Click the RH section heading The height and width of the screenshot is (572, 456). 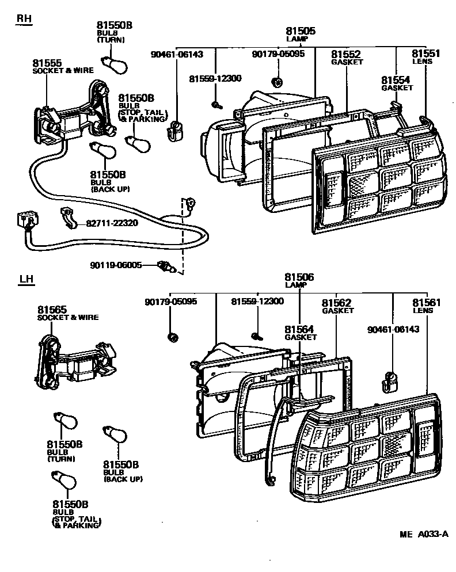[24, 19]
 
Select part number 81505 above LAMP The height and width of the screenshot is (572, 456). [300, 31]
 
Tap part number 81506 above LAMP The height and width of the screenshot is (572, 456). [299, 277]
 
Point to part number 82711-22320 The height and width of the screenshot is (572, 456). [112, 223]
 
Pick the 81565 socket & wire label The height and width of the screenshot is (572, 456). [51, 310]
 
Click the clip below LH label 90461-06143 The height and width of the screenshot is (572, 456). [390, 380]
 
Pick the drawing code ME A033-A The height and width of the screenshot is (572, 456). [424, 534]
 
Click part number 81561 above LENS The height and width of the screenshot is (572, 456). [427, 302]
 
